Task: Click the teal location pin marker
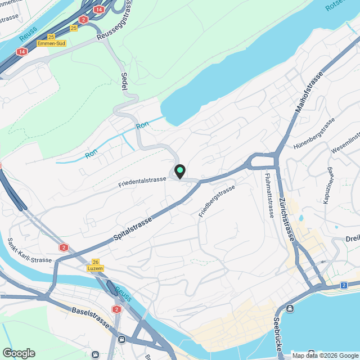click(x=180, y=171)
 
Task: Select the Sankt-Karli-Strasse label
click(x=29, y=251)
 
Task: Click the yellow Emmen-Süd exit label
click(x=51, y=43)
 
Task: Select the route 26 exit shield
click(x=94, y=262)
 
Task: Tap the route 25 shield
click(x=74, y=28)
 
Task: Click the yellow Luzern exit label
click(x=94, y=268)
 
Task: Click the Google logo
click(x=19, y=353)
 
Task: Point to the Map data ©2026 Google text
click(x=325, y=355)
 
